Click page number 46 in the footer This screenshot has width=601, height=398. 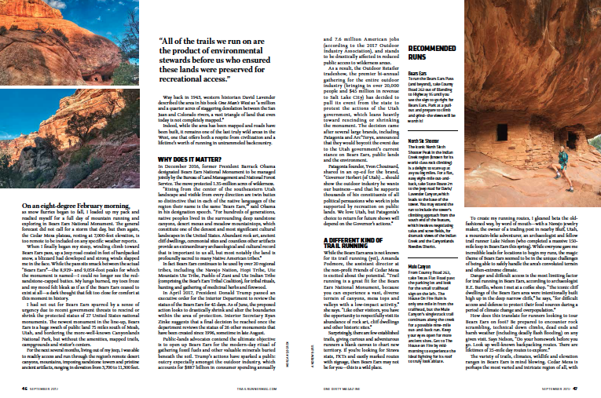click(26, 388)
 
